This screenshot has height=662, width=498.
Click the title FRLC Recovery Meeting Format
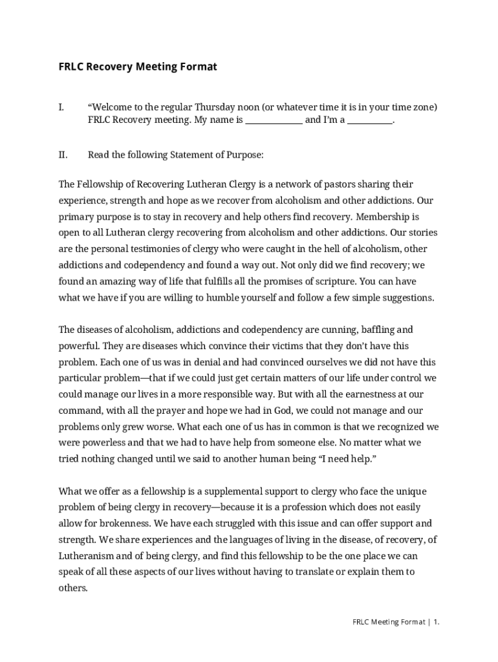click(138, 67)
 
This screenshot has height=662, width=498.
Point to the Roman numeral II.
click(63, 155)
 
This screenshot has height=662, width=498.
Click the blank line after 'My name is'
click(274, 120)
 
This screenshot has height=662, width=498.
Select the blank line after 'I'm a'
click(370, 120)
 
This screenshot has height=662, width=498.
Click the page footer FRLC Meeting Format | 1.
click(396, 622)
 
